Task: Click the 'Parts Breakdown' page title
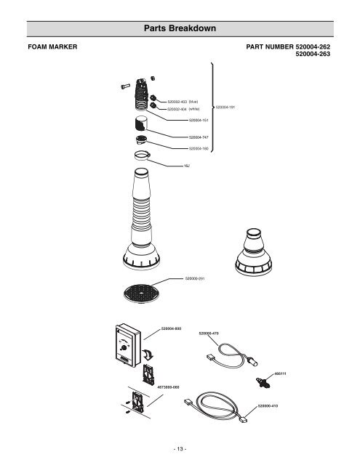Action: pyautogui.click(x=180, y=29)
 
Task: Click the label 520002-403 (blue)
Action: pyautogui.click(x=183, y=102)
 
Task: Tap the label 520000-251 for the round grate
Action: pyautogui.click(x=196, y=278)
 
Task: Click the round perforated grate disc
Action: pyautogui.click(x=140, y=293)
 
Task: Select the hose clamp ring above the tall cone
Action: pyautogui.click(x=143, y=155)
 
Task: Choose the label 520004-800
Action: pyautogui.click(x=170, y=328)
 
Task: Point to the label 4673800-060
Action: pyautogui.click(x=168, y=388)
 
